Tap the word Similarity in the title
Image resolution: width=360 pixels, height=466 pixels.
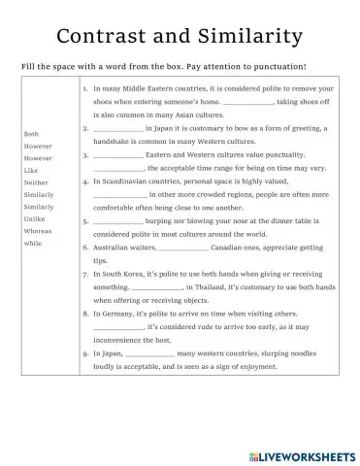click(247, 36)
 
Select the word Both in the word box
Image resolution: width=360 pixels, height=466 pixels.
click(31, 133)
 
